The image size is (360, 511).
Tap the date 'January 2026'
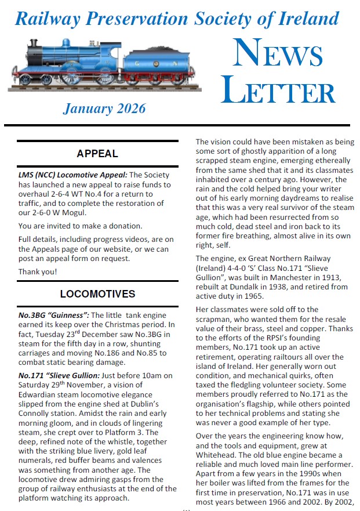[x=104, y=108]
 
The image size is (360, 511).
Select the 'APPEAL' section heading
[x=97, y=154]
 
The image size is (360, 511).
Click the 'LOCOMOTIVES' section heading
[x=97, y=294]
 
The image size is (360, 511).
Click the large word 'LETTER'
[x=278, y=92]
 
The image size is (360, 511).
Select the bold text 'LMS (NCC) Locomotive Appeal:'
[x=72, y=175]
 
